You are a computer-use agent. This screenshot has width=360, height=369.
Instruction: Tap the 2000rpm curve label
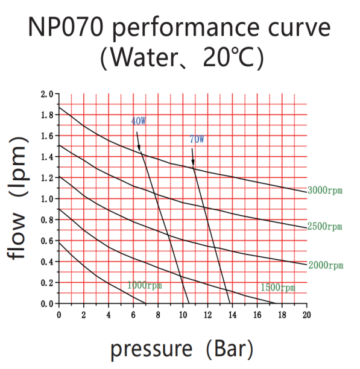[325, 265]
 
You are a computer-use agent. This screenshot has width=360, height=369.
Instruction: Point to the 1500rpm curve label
[278, 288]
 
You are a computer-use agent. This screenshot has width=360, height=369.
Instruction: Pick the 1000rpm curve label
[144, 285]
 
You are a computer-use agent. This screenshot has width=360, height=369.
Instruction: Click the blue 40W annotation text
[138, 121]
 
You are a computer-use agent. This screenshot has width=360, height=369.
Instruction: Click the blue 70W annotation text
[197, 139]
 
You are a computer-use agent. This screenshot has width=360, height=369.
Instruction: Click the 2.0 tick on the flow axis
[46, 94]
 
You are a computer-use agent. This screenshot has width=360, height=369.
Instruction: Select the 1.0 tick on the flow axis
[46, 199]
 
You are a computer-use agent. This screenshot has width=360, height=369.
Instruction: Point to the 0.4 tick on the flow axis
[46, 262]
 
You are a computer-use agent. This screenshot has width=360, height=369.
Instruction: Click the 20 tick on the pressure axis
[306, 315]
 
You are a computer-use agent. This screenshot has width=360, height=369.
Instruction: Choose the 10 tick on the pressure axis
[183, 315]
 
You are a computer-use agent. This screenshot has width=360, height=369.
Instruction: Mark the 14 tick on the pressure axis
[232, 315]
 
